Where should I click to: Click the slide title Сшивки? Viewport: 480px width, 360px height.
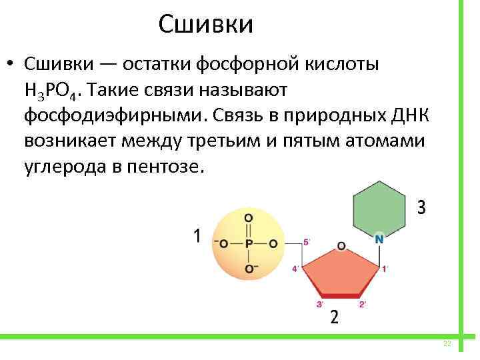206,25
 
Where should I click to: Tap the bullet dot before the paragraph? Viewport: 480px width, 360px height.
11,67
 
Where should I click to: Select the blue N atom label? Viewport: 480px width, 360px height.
379,238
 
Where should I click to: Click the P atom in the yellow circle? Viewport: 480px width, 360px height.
248,243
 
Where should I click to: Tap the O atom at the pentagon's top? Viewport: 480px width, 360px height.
341,246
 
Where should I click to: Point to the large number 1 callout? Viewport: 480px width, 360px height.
197,235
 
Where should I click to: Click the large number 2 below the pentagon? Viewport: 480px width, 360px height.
334,317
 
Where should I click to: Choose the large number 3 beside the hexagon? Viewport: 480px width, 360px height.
421,207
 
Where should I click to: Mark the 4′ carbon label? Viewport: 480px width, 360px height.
295,269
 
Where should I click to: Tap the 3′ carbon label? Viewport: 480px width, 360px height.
319,304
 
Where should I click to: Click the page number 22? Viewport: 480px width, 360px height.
447,343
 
